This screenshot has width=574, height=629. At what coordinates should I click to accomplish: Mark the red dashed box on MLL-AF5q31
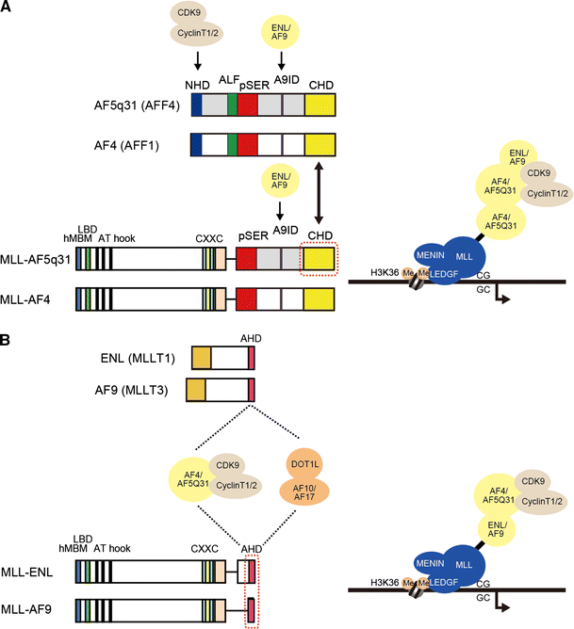pyautogui.click(x=320, y=259)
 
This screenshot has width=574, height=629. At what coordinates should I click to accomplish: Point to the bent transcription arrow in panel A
pyautogui.click(x=504, y=295)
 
